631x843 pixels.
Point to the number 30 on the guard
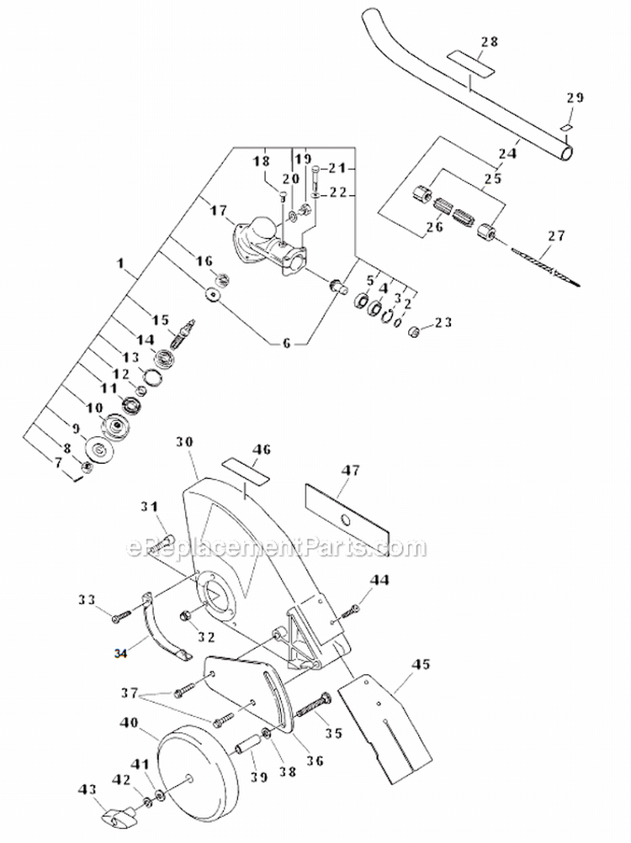pos(186,441)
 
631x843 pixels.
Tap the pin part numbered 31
pos(165,538)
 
